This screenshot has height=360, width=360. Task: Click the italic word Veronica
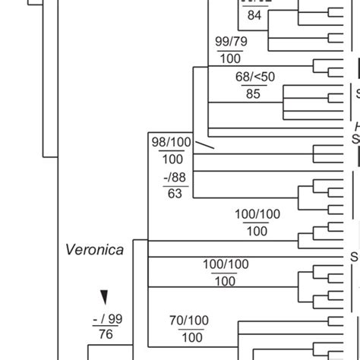[x=94, y=248]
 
